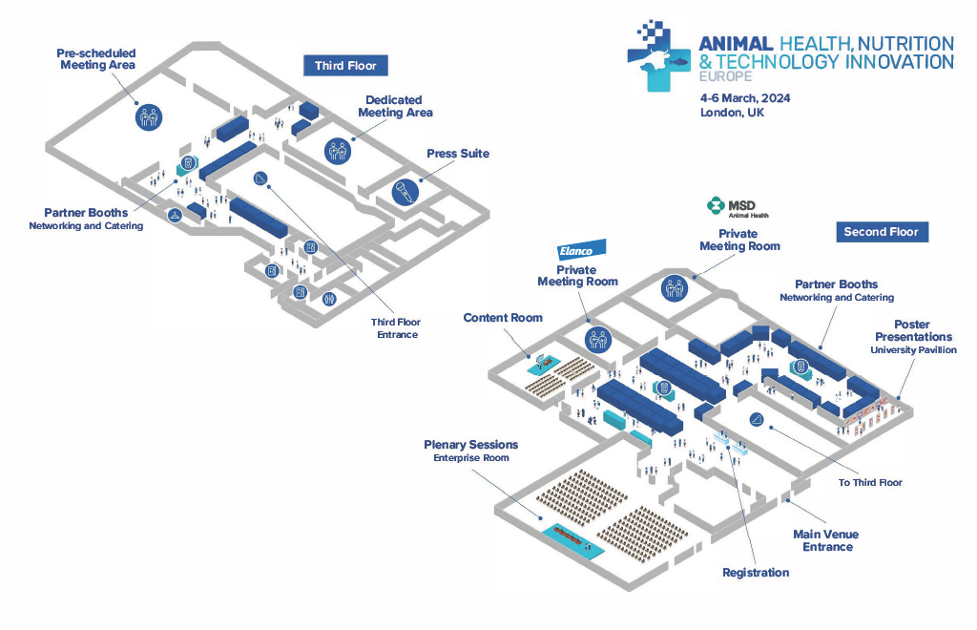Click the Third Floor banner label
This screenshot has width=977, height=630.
coord(345,66)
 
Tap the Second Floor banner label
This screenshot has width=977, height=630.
coord(882,232)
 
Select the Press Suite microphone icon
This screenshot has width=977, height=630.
coord(405,192)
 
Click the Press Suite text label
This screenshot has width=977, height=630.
coord(458,154)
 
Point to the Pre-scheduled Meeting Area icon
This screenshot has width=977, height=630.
coord(149,116)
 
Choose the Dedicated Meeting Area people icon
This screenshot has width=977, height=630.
coord(338,151)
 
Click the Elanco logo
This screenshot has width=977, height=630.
coord(581,250)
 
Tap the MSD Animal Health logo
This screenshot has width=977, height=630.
coord(738,208)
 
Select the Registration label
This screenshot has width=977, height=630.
coord(756,573)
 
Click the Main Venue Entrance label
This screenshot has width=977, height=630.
coord(826,540)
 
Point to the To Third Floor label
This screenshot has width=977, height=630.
coord(870,482)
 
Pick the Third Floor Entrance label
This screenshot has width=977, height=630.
coord(396,328)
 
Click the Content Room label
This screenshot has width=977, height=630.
coord(503,317)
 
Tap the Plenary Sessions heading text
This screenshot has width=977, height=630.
coord(471,444)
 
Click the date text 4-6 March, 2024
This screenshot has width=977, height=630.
coord(745,97)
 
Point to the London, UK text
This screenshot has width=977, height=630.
coord(732,113)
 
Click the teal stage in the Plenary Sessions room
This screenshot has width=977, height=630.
coord(572,539)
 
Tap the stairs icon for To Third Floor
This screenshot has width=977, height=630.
coord(757,419)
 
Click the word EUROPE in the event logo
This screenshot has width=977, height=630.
coord(726,76)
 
